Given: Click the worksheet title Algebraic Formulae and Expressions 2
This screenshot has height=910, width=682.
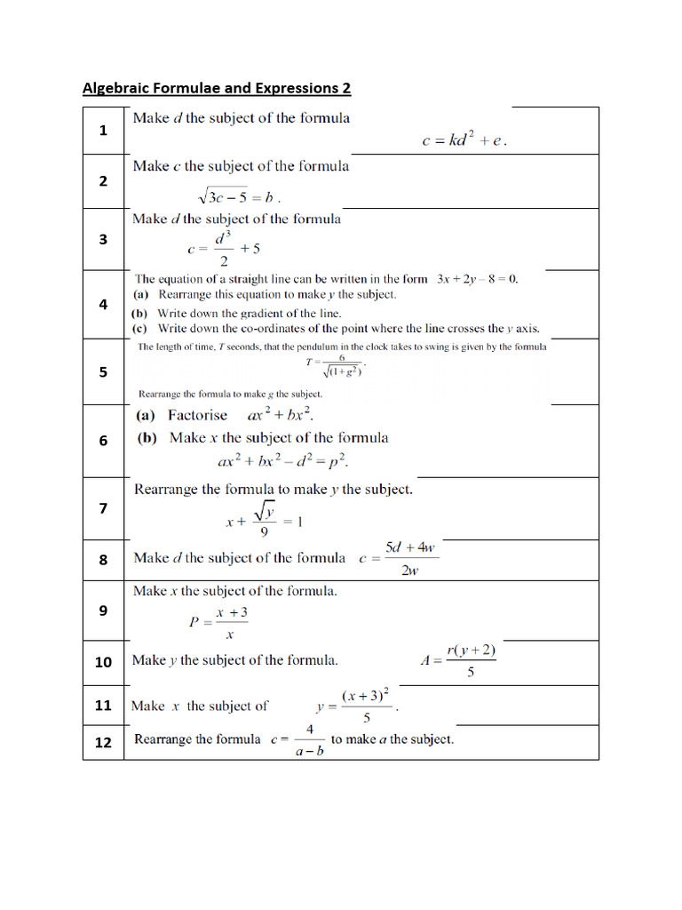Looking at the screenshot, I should coord(217,88).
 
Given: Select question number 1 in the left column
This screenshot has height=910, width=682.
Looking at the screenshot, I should coord(103,131).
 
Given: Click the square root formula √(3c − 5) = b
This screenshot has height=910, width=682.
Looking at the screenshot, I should coord(238,196).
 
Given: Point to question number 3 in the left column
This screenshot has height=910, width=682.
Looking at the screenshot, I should coord(103,239).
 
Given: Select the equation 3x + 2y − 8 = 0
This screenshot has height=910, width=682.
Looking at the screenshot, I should coord(477,278).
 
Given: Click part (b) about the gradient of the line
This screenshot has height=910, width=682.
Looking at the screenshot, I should coord(236,313).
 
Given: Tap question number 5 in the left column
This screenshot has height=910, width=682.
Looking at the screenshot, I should coord(103,372).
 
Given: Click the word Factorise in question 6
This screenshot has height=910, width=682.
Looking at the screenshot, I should coord(197,415).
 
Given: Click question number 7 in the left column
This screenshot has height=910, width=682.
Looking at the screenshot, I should coord(103,508).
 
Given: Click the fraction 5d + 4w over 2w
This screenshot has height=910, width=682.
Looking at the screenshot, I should coord(410,559).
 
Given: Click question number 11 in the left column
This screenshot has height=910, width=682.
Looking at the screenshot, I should coord(103,706).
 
